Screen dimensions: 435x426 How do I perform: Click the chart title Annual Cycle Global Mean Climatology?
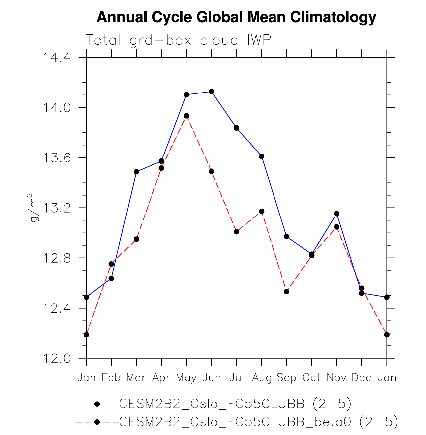pyautogui.click(x=236, y=17)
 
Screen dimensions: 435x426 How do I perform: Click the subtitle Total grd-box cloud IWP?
pyautogui.click(x=178, y=40)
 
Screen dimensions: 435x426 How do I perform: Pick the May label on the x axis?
pyautogui.click(x=186, y=378)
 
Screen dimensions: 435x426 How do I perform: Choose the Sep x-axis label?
pyautogui.click(x=286, y=378)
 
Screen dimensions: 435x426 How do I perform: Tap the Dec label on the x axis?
pyautogui.click(x=361, y=378)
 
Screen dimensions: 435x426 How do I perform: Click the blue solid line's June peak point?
pyautogui.click(x=212, y=92)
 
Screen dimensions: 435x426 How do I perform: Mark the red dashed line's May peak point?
pyautogui.click(x=186, y=116)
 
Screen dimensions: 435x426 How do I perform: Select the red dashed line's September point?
pyautogui.click(x=287, y=292)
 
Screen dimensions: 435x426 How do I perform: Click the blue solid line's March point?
pyautogui.click(x=136, y=172)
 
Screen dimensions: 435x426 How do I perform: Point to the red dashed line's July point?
pyautogui.click(x=236, y=232)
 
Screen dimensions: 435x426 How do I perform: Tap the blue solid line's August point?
pyautogui.click(x=262, y=156)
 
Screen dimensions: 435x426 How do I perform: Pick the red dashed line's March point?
pyautogui.click(x=136, y=239)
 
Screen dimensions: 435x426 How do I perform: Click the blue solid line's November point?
pyautogui.click(x=337, y=214)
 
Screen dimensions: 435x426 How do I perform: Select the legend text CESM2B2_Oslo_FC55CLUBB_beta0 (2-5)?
pyautogui.click(x=259, y=422)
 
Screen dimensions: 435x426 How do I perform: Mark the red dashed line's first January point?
pyautogui.click(x=86, y=335)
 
